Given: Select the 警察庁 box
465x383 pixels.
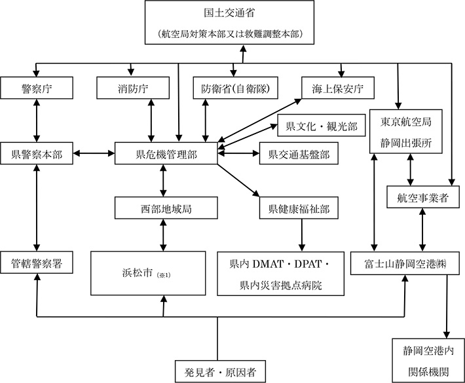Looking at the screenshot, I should [x=36, y=88].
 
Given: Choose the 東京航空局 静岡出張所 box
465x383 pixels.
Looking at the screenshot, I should [x=407, y=130].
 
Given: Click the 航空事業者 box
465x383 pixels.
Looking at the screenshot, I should [x=417, y=197].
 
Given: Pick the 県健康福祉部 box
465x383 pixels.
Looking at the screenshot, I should [x=299, y=209].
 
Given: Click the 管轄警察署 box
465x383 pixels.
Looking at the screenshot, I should [x=36, y=264].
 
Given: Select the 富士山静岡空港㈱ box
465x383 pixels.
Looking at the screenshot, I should [x=407, y=264].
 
